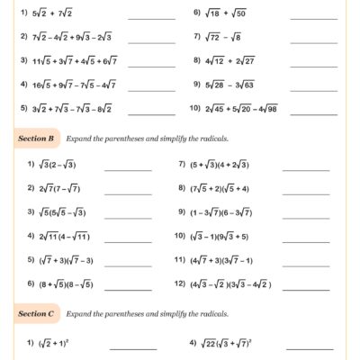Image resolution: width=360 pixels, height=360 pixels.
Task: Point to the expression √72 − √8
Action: [221, 38]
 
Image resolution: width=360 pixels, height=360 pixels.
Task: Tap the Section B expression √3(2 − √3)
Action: [58, 166]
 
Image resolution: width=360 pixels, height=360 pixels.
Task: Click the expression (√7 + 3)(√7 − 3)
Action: [66, 259]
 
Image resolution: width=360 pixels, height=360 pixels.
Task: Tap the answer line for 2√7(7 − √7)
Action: [128, 192]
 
